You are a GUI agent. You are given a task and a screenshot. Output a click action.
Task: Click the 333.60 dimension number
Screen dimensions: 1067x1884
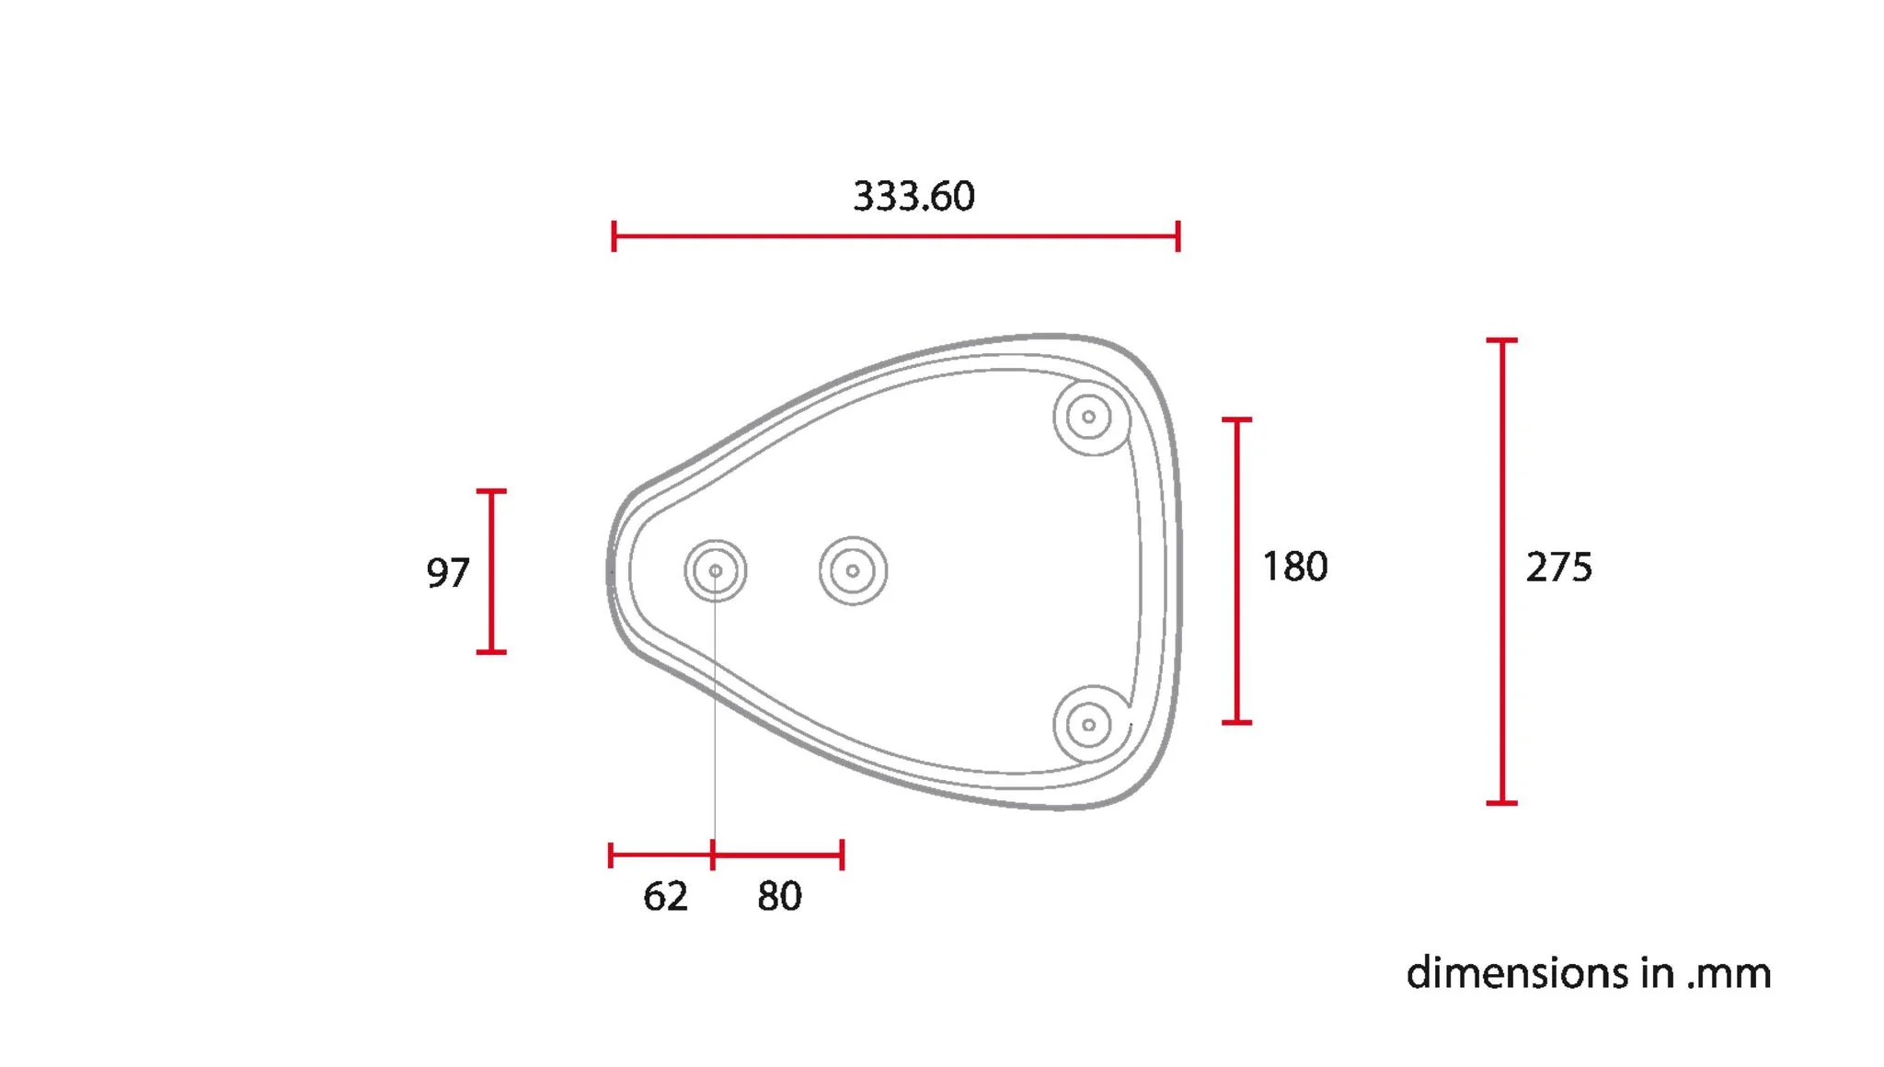point(913,196)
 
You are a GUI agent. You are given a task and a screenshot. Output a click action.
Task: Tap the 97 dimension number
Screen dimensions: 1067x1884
point(448,573)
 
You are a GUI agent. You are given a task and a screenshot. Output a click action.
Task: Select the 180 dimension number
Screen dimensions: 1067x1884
point(1294,567)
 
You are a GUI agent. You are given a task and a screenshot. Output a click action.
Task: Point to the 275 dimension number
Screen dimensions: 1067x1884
point(1558,568)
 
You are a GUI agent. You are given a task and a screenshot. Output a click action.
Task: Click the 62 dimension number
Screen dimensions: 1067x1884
point(665,896)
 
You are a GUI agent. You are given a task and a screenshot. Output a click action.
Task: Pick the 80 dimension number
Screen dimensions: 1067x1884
point(779,896)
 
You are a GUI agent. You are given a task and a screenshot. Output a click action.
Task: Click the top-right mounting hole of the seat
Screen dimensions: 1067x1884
point(1089,417)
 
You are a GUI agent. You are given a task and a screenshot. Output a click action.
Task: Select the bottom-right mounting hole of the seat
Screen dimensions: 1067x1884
point(1089,725)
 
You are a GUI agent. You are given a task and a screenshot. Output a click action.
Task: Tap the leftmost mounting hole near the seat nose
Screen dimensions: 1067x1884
point(715,571)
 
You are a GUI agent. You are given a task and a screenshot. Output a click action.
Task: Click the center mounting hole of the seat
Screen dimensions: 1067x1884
point(853,571)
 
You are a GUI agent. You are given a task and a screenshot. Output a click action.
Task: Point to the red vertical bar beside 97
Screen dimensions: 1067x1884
point(491,571)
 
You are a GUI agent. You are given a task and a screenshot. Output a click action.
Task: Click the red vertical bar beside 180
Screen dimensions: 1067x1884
point(1236,571)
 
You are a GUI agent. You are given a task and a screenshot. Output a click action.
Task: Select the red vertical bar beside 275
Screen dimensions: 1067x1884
point(1501,571)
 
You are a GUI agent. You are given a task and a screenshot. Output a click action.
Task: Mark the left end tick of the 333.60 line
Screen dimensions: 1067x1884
point(614,236)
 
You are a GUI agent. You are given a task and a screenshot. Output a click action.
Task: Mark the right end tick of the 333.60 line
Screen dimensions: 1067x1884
point(1177,236)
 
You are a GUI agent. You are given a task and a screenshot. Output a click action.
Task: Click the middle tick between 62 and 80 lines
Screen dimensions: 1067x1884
point(713,855)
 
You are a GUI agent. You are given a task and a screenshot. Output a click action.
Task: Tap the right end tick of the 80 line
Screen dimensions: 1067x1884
point(842,855)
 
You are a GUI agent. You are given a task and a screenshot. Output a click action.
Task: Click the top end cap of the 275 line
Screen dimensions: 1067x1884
point(1501,340)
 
